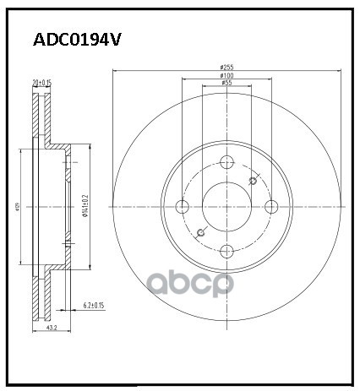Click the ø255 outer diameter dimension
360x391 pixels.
point(226,68)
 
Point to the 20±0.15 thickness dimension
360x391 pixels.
point(41,83)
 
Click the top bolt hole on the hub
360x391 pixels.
point(226,162)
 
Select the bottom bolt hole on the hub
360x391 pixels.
point(226,250)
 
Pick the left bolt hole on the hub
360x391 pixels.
point(183,206)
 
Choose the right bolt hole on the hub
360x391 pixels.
point(270,206)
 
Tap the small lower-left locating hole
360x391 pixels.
point(200,232)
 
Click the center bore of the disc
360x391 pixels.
point(226,206)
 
